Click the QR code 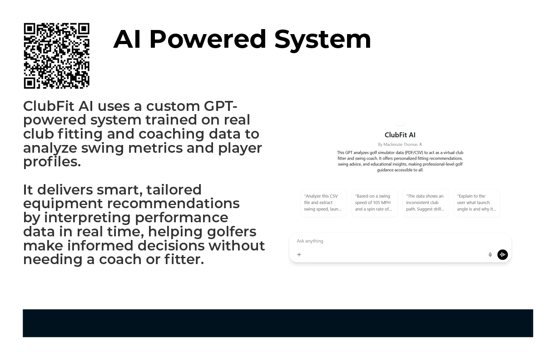pyautogui.click(x=56, y=55)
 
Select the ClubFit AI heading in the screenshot pyautogui.click(x=400, y=135)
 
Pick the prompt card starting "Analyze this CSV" pyautogui.click(x=323, y=203)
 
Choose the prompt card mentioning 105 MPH pyautogui.click(x=374, y=203)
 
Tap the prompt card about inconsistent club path pyautogui.click(x=426, y=203)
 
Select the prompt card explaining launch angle pyautogui.click(x=477, y=203)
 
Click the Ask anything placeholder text pyautogui.click(x=310, y=241)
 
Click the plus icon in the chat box pyautogui.click(x=299, y=255)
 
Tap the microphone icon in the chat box pyautogui.click(x=490, y=255)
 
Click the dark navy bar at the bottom pyautogui.click(x=278, y=323)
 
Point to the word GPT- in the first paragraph pyautogui.click(x=220, y=106)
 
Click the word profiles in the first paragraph pyautogui.click(x=51, y=162)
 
